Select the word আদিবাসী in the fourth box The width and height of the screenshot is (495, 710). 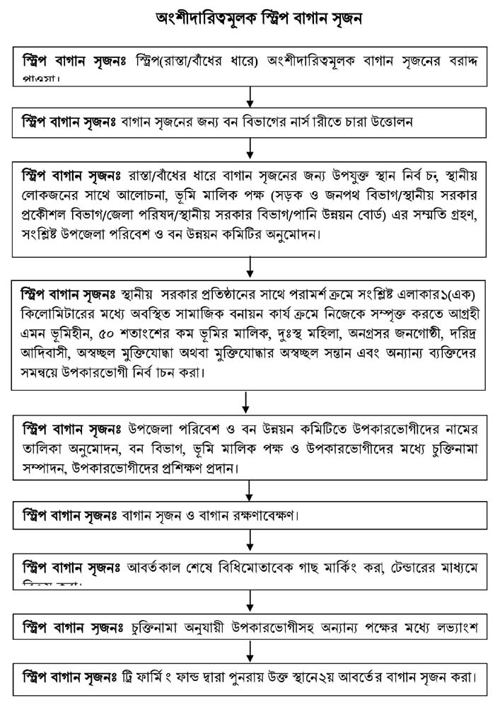[x=47, y=349]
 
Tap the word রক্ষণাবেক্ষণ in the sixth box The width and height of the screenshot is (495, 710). [x=253, y=513]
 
